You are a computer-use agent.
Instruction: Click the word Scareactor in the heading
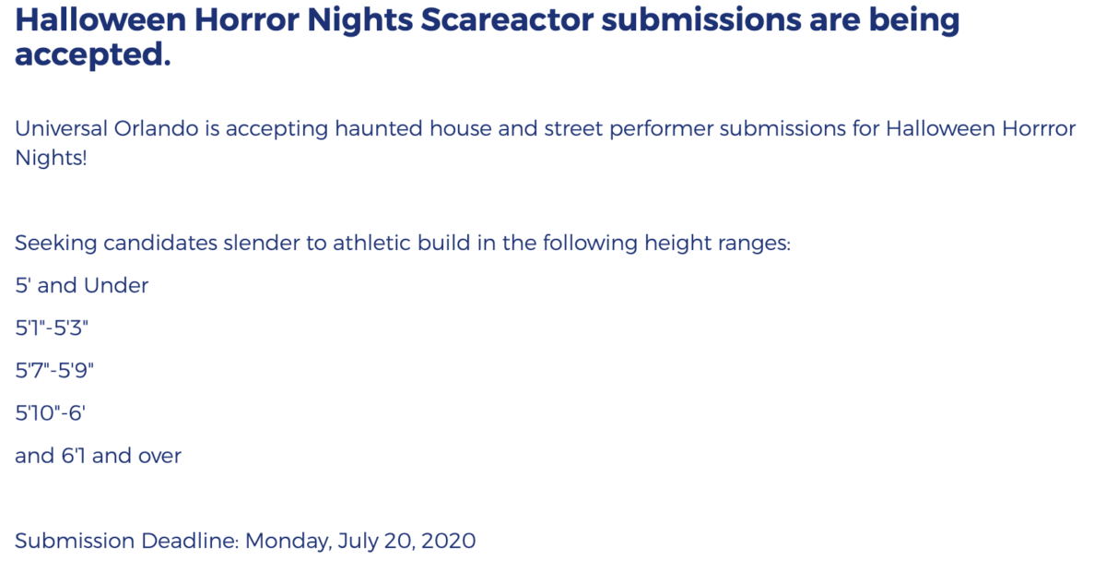[507, 19]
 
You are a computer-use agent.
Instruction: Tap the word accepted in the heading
[93, 54]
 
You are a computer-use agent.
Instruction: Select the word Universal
[61, 128]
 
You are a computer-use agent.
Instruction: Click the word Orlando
[157, 128]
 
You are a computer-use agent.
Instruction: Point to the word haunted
[378, 128]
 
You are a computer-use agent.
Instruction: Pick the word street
[573, 128]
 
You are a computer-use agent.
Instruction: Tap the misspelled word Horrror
[1039, 128]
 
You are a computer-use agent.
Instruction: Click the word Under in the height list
[116, 285]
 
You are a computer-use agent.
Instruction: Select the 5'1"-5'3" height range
[52, 328]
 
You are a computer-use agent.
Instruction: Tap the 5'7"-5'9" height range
[54, 370]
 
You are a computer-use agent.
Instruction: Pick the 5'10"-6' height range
[51, 412]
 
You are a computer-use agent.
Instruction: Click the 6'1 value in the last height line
[73, 456]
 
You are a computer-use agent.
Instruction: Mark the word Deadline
[190, 541]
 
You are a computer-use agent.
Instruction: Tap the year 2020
[448, 541]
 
